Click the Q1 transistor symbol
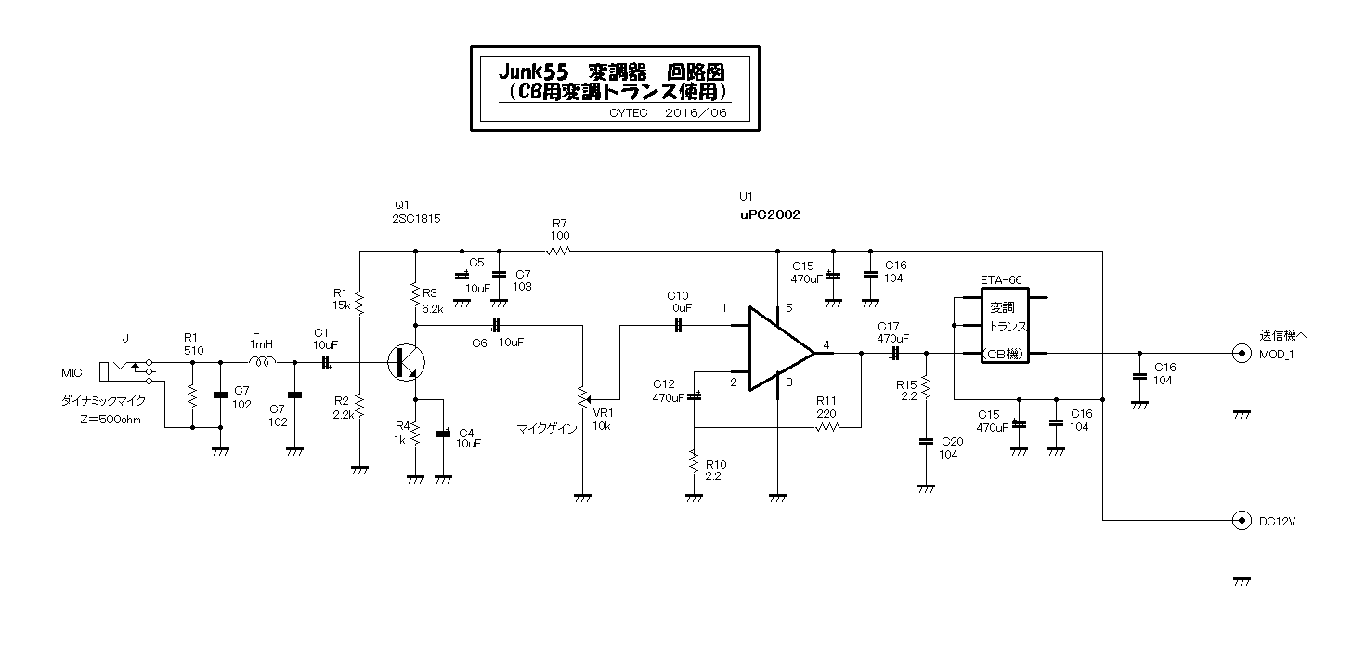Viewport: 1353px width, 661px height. (406, 362)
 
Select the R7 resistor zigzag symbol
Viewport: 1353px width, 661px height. (559, 251)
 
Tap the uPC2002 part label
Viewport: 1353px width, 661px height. (770, 214)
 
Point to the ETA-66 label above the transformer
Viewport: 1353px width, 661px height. (1001, 280)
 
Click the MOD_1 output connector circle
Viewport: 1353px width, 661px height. (1242, 353)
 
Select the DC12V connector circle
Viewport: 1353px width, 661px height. (1242, 520)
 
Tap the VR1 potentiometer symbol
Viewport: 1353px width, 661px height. (583, 398)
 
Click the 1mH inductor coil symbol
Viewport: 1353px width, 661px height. (263, 361)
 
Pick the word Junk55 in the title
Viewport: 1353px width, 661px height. (533, 72)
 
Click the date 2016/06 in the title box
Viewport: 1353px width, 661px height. (696, 113)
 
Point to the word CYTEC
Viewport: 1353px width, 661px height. (628, 113)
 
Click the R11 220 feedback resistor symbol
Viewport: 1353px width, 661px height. (826, 427)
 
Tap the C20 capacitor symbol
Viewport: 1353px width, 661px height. (926, 441)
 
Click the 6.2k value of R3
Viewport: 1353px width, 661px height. (433, 309)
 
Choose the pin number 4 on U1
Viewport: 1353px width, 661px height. (826, 345)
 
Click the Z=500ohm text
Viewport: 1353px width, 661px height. (110, 420)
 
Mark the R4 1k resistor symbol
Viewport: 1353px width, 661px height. (416, 434)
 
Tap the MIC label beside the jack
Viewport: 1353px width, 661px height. (72, 373)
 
